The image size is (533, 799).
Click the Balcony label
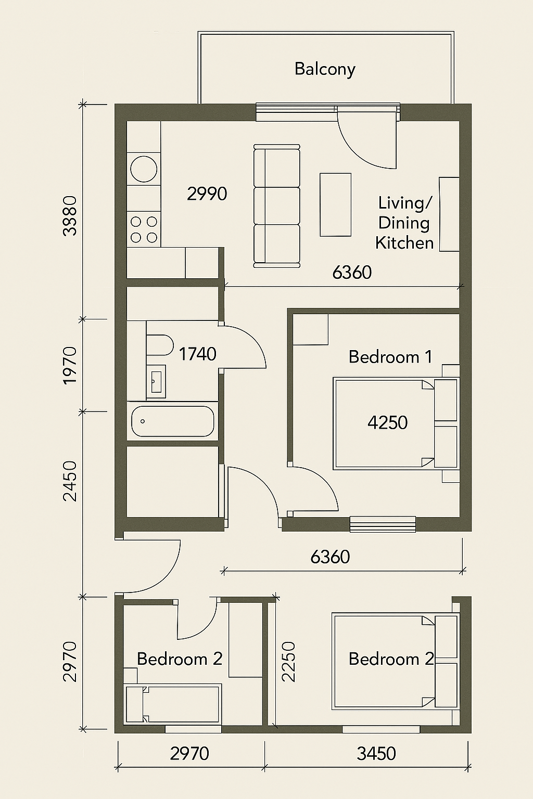[x=325, y=69]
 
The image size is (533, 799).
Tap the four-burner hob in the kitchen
[x=144, y=229]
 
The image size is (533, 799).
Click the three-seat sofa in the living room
[x=277, y=206]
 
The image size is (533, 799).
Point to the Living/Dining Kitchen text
[x=404, y=223]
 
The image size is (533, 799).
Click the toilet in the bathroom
[x=159, y=345]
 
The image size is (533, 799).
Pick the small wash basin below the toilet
[x=156, y=381]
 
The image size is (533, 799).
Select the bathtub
[x=173, y=421]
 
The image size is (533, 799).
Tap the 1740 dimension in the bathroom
[x=197, y=354]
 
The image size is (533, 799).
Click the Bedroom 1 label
[x=390, y=357]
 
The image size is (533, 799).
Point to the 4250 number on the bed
[x=387, y=422]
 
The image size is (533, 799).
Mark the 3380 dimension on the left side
[x=70, y=215]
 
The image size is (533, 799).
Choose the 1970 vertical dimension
[x=70, y=365]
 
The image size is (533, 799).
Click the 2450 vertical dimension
[x=70, y=481]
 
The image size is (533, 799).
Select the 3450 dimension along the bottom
[x=376, y=753]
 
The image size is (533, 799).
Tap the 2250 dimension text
[x=288, y=662]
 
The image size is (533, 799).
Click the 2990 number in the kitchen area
[x=207, y=194]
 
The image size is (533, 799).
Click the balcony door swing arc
[x=364, y=143]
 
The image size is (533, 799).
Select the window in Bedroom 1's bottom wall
[x=383, y=524]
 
